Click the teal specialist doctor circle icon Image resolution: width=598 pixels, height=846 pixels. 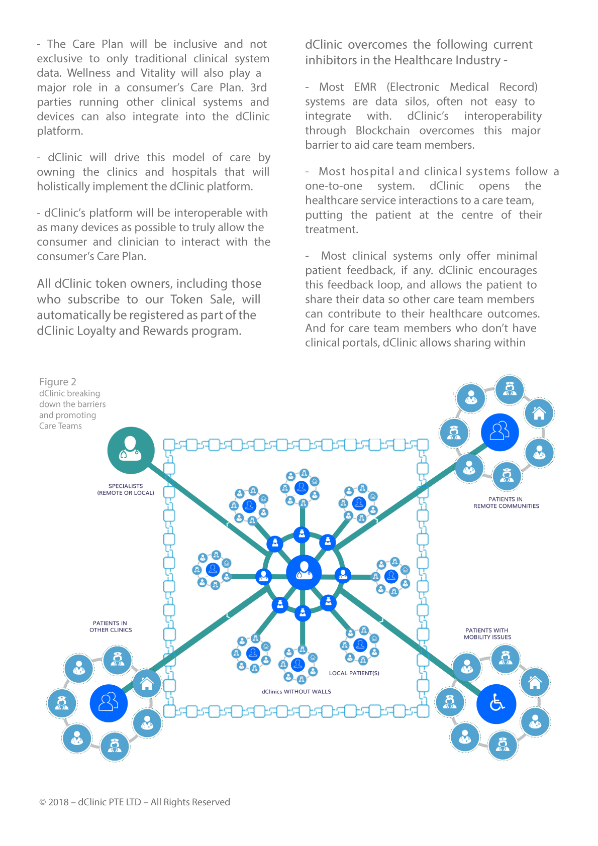[x=131, y=450]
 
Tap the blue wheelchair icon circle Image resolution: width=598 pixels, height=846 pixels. [x=496, y=704]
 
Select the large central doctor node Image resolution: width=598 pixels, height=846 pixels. [x=304, y=572]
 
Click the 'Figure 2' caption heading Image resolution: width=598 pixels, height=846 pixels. [x=58, y=381]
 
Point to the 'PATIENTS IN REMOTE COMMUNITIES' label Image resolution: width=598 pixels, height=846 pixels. [x=506, y=502]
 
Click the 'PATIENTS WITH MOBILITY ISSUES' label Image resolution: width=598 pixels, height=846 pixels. [x=487, y=633]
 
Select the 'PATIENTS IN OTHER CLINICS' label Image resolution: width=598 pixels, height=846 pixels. [x=111, y=626]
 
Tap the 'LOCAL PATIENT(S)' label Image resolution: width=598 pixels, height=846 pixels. [x=354, y=673]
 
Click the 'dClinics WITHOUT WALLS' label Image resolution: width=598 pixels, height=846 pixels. [x=296, y=692]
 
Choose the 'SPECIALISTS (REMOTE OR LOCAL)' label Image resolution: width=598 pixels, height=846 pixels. [x=126, y=489]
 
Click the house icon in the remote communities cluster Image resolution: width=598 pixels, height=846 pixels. [x=539, y=413]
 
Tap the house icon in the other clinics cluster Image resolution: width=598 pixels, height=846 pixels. [x=147, y=684]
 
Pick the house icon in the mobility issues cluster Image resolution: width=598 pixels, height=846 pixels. [x=535, y=682]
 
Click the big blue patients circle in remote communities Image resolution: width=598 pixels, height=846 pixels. [x=500, y=432]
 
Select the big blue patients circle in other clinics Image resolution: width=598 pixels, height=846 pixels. [x=109, y=703]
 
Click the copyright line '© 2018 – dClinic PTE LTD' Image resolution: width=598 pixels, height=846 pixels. [x=90, y=802]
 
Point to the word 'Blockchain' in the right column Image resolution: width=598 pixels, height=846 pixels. [x=382, y=130]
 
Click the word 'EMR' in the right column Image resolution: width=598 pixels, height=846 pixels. [x=365, y=87]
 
